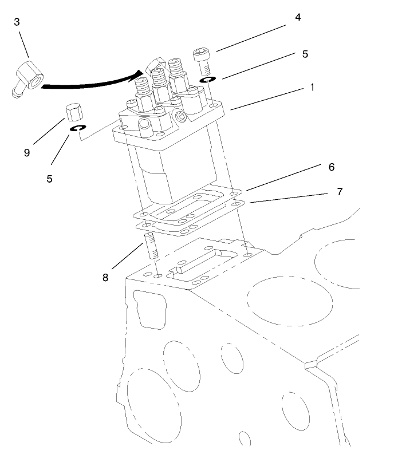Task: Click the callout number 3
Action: [x=17, y=22]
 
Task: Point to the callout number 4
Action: [x=297, y=18]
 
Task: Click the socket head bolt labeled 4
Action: [x=200, y=60]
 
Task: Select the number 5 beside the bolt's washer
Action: [x=305, y=54]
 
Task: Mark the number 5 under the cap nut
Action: [x=49, y=179]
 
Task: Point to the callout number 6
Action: [x=331, y=167]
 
